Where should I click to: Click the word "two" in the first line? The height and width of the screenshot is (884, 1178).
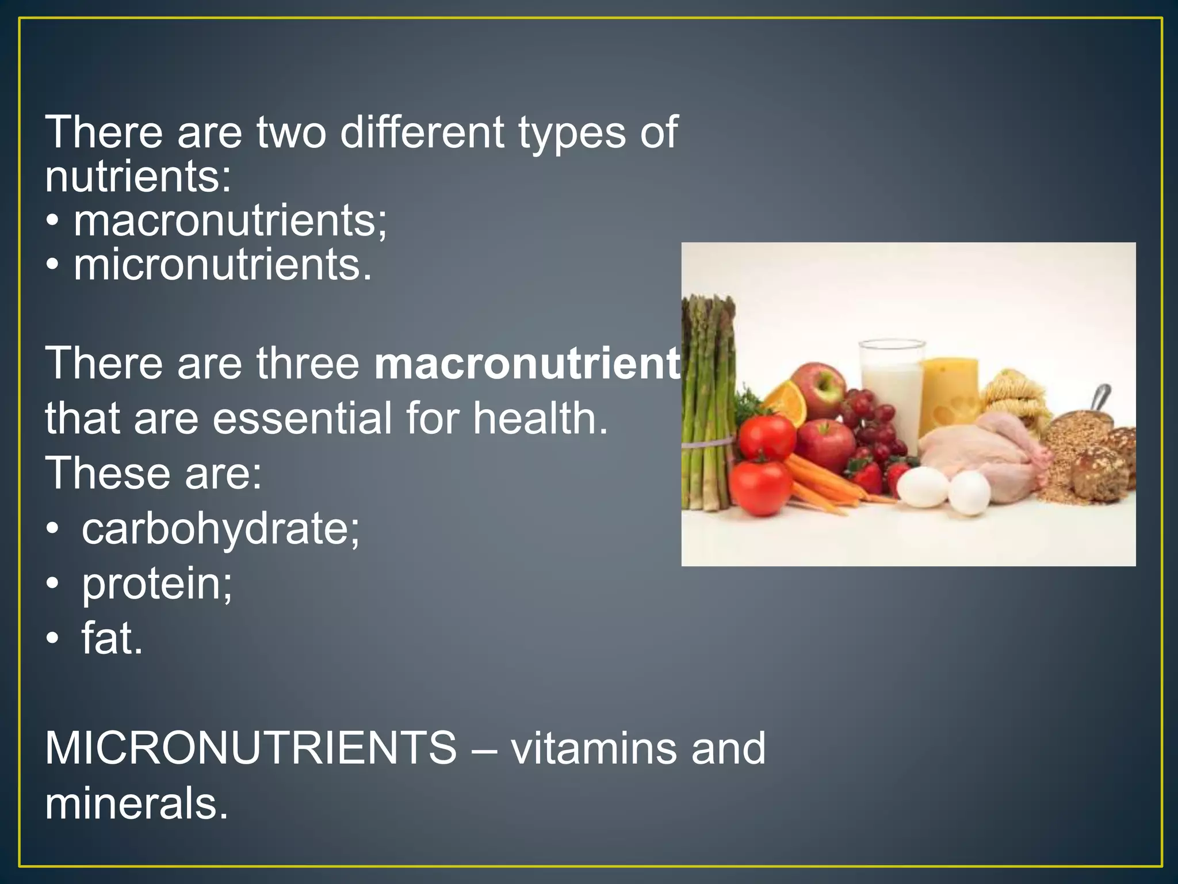click(x=291, y=132)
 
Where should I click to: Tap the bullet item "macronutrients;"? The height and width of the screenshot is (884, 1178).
click(x=230, y=221)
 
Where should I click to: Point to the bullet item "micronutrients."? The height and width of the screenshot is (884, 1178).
click(x=223, y=265)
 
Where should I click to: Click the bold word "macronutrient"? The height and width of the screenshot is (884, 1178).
click(x=527, y=364)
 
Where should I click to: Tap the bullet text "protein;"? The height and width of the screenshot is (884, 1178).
click(x=156, y=584)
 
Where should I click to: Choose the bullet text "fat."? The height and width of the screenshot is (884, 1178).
click(x=112, y=639)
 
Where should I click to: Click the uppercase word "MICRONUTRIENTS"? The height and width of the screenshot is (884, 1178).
click(x=251, y=749)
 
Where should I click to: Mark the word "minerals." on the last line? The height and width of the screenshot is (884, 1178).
click(x=137, y=803)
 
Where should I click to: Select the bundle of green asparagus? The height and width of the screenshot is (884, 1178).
click(x=707, y=403)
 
